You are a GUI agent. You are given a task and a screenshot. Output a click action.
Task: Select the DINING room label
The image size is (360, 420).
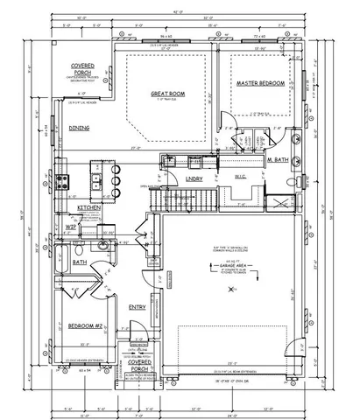(79, 127)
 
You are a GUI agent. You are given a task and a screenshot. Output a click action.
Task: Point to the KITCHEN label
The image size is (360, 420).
(89, 207)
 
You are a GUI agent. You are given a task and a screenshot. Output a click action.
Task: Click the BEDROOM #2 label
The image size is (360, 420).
(86, 326)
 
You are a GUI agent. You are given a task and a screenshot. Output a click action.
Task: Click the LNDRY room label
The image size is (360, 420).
(194, 179)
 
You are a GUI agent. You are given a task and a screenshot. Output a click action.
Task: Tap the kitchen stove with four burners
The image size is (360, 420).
(65, 182)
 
